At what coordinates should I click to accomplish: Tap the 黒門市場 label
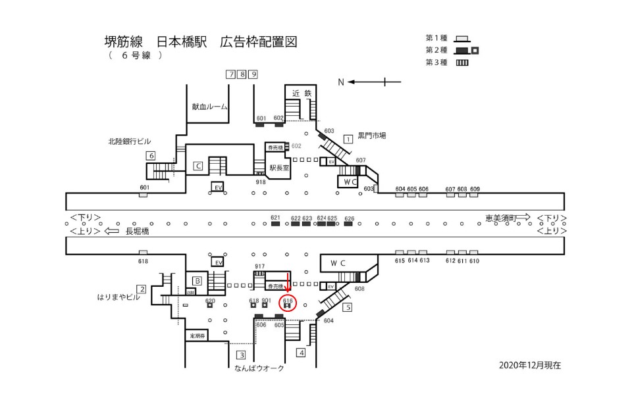pos(372,136)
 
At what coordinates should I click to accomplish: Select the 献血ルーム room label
pos(209,107)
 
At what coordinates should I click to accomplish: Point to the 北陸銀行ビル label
pos(130,141)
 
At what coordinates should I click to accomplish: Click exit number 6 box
pos(151,156)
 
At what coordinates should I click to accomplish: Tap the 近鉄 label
pos(302,93)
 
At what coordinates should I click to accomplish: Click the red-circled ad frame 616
pos(288,304)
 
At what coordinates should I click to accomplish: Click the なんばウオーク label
pos(259,368)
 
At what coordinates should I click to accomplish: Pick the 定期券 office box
pos(197,336)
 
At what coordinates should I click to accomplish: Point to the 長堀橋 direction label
pos(137,232)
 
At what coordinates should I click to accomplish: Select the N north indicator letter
pos(341,82)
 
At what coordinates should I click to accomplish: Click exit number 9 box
pos(253,74)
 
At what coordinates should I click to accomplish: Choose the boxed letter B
pos(196,281)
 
